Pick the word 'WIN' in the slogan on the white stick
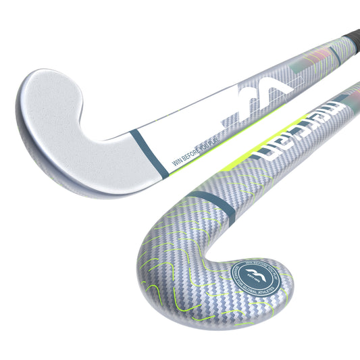pyautogui.click(x=179, y=160)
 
